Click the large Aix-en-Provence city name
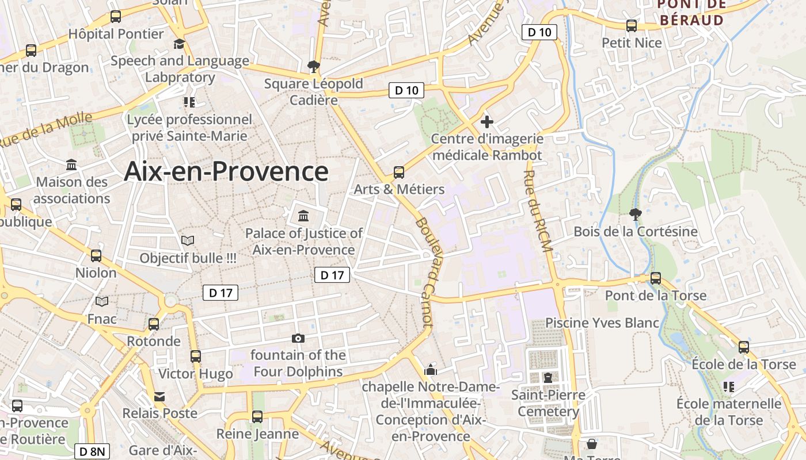pos(226,171)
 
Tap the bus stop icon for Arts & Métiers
pos(398,172)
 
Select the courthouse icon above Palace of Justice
pos(303,216)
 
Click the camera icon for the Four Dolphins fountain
pos(298,338)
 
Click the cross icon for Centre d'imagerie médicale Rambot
pos(487,122)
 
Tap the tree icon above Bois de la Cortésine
pos(636,214)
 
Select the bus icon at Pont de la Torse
pos(656,278)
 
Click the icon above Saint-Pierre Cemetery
pos(548,378)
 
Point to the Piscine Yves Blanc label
pos(602,323)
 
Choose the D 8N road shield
pos(92,451)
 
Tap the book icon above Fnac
pos(102,301)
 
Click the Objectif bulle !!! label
pos(188,258)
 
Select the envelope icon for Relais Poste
pos(159,396)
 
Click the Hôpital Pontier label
pos(116,34)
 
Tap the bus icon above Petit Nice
pos(632,26)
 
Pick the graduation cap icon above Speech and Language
pos(180,44)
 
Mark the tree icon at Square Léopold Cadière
pos(314,67)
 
